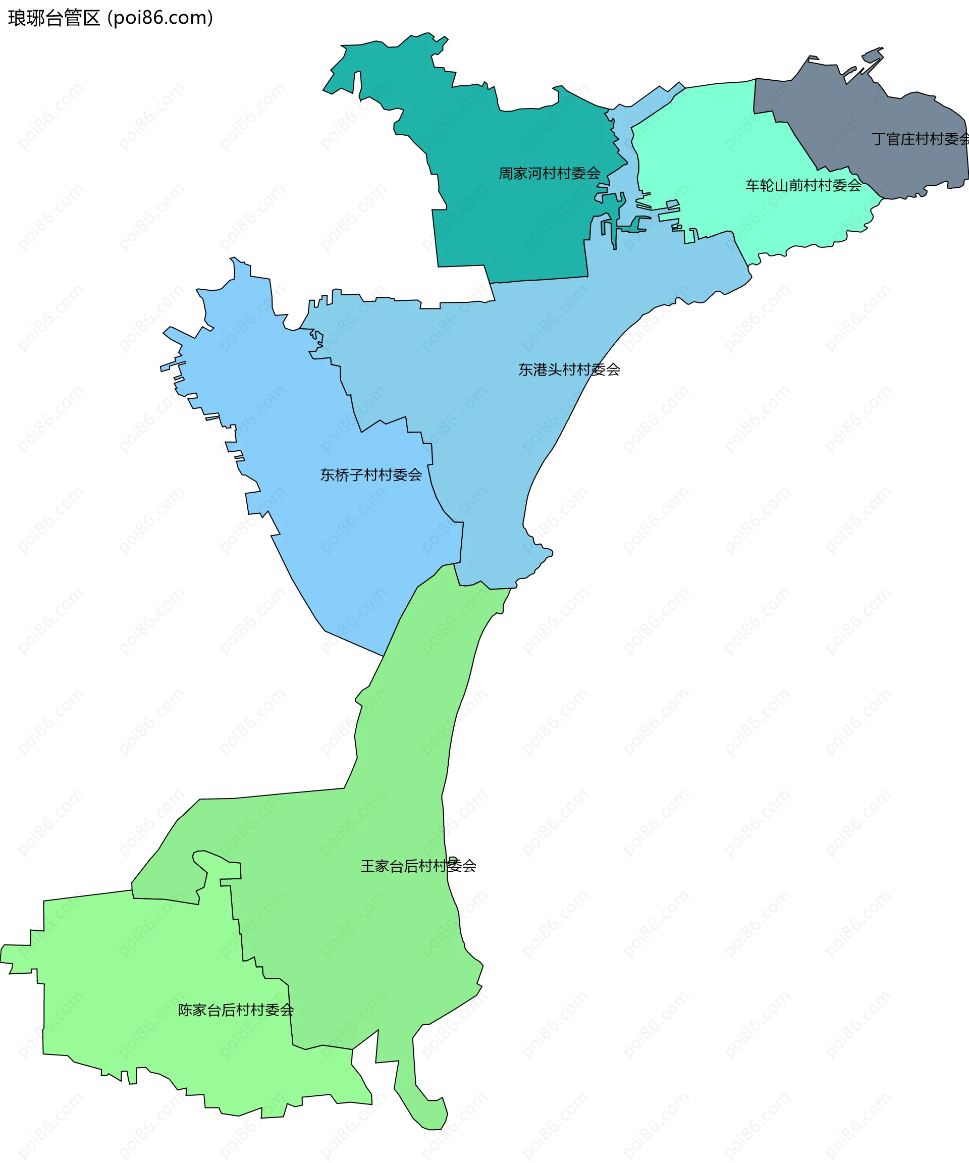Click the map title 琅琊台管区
(53, 18)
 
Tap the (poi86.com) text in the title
(160, 18)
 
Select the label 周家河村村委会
(549, 173)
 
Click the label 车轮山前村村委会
(803, 186)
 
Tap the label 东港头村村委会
(569, 369)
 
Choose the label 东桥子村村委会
(371, 474)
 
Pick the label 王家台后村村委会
(418, 866)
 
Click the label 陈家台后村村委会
(236, 1010)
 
